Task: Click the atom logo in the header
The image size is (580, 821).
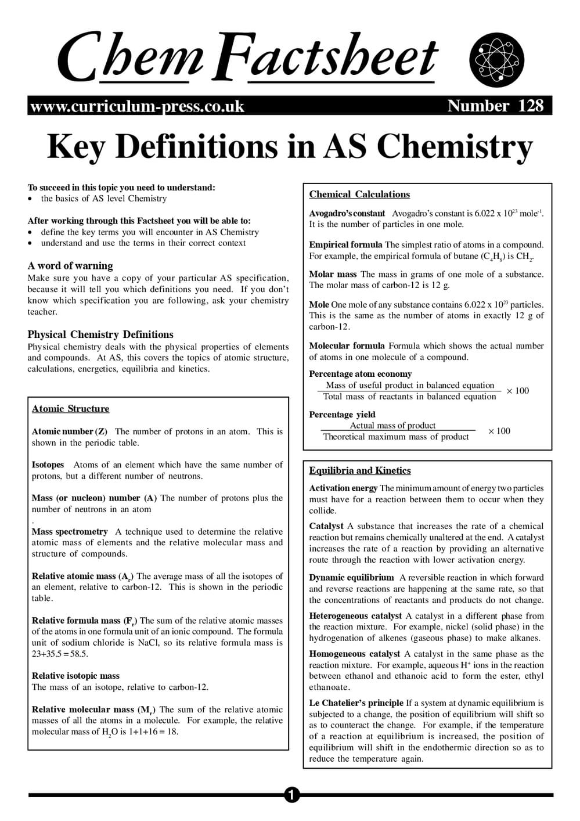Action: [x=496, y=60]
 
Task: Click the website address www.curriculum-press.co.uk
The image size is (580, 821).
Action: [x=137, y=107]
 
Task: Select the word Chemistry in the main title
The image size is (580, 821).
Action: [x=455, y=147]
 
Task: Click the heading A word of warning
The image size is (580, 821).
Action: [x=70, y=266]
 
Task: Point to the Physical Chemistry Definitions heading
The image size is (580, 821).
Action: [x=100, y=334]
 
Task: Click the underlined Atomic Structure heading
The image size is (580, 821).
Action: [x=70, y=409]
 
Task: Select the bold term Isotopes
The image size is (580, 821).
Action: [x=48, y=465]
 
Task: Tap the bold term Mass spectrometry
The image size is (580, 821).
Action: [x=70, y=532]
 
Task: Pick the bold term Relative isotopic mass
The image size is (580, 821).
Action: [x=75, y=676]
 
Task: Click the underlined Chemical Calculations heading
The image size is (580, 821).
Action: [x=359, y=195]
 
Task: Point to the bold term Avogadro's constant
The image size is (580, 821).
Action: [x=347, y=214]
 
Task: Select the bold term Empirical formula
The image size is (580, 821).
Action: [x=345, y=245]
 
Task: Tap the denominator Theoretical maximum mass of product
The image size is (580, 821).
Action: [x=396, y=437]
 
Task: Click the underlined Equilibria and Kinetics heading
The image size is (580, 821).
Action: [x=359, y=471]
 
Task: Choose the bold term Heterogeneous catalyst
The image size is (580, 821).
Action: [x=355, y=616]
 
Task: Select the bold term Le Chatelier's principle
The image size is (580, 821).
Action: [x=356, y=703]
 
